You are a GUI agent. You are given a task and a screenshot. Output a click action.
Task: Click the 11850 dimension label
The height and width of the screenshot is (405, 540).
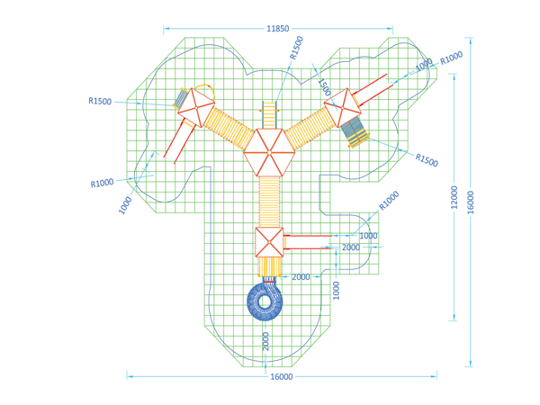point(277,29)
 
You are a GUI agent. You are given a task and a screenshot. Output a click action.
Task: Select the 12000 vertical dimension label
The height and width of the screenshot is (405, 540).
point(454,197)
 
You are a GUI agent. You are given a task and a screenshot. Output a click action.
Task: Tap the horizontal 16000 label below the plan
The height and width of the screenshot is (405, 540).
point(282,377)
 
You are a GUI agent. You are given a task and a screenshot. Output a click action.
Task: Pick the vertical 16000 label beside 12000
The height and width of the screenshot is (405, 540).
point(471,202)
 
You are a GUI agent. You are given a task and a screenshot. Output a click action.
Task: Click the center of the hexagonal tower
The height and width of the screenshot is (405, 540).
point(269,152)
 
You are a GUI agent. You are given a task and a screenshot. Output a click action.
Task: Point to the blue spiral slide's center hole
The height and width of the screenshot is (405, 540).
point(265,302)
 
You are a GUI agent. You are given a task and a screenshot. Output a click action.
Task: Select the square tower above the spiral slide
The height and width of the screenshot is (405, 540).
point(269,242)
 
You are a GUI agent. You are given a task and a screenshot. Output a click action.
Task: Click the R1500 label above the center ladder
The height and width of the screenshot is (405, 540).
point(296,48)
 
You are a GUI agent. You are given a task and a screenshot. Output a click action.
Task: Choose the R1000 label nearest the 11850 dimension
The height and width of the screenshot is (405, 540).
point(451,58)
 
